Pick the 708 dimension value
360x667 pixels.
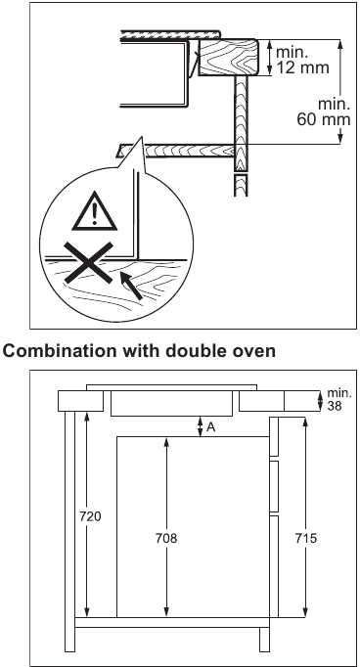coord(166,537)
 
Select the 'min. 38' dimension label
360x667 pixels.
coord(336,398)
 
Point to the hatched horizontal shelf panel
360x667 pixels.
coord(176,150)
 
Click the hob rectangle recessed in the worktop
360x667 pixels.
coord(172,402)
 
